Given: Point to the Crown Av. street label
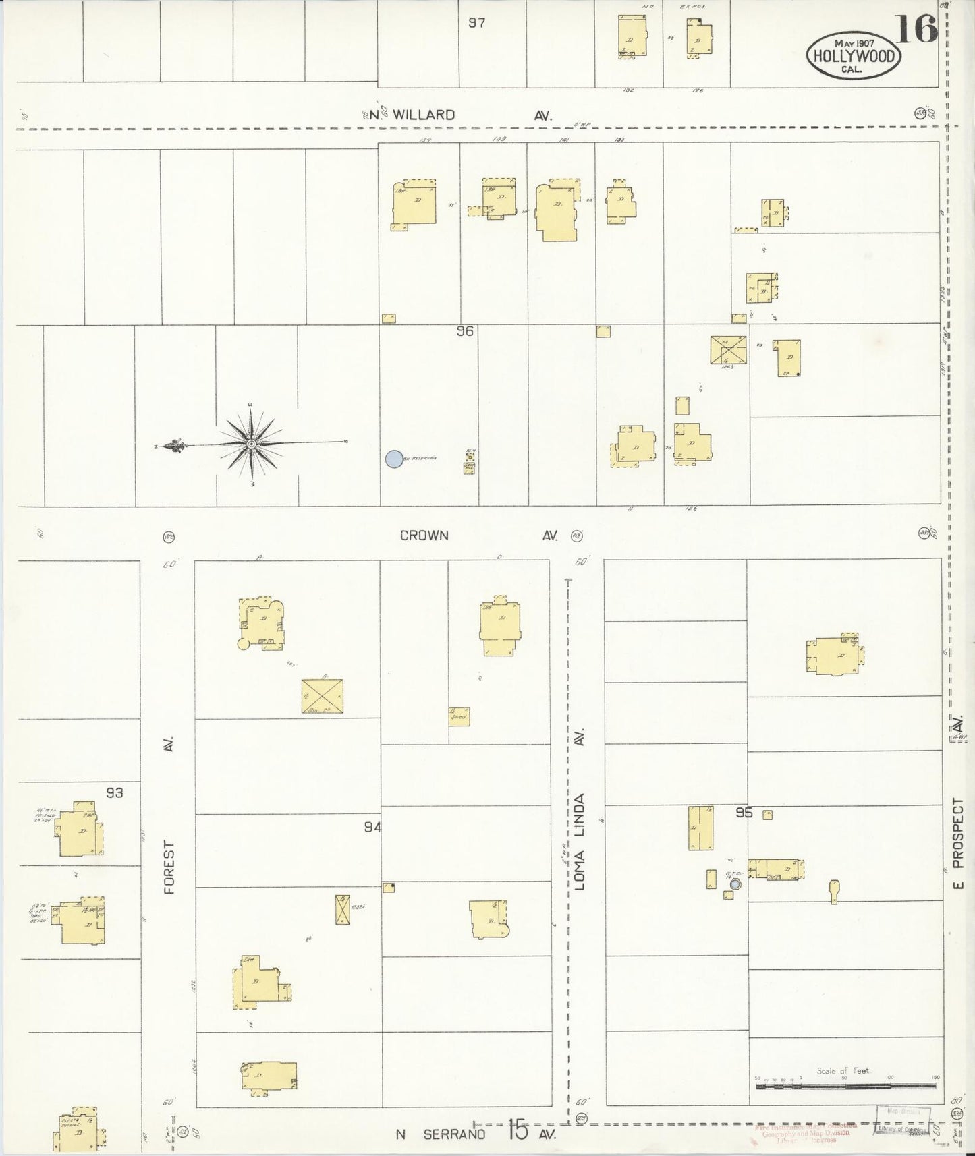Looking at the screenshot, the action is [479, 536].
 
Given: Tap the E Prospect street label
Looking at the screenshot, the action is [957, 843].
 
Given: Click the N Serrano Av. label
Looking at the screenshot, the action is [476, 1134].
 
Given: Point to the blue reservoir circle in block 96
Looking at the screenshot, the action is [393, 459].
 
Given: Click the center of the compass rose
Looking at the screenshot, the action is [251, 444].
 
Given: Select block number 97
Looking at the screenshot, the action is [477, 23].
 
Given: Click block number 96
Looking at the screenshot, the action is [464, 331].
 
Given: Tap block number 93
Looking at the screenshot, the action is [114, 792].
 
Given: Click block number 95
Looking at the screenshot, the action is [744, 813].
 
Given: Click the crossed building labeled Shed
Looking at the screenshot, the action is [459, 716].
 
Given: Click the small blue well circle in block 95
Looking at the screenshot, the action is [735, 884].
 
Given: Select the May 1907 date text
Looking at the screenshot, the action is [854, 43].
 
